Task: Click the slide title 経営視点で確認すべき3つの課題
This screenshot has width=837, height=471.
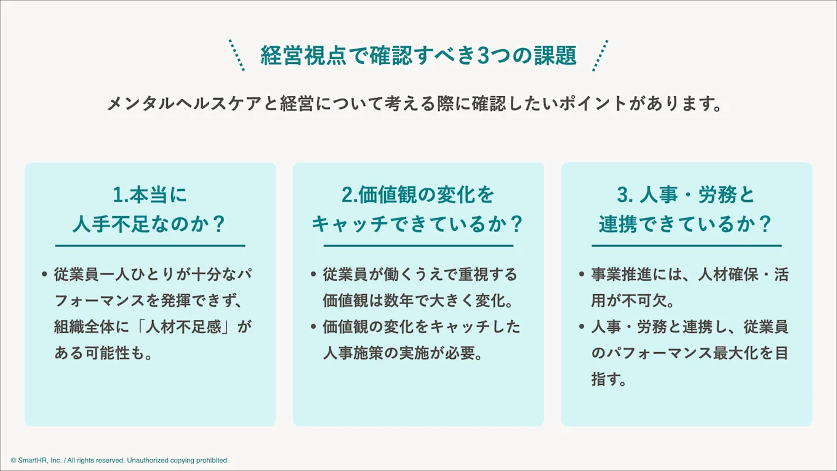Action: (418, 56)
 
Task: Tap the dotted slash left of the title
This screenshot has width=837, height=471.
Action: (237, 55)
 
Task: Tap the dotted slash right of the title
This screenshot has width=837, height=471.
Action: (600, 55)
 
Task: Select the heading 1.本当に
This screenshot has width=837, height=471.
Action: (150, 195)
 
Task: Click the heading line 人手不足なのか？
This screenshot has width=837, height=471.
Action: (150, 224)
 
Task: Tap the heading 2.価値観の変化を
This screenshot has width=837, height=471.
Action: (418, 195)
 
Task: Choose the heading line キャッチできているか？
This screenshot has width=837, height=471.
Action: (418, 224)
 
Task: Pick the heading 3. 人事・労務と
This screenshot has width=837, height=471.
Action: (686, 195)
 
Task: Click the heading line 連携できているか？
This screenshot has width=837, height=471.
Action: (686, 224)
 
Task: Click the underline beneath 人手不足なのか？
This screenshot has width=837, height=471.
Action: (150, 246)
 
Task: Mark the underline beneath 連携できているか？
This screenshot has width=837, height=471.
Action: (686, 246)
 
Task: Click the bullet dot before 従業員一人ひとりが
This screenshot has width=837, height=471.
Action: (44, 275)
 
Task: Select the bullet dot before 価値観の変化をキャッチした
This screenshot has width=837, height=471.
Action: (313, 327)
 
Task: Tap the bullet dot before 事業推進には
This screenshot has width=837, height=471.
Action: (582, 275)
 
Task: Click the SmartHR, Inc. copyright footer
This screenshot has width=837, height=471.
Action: (120, 461)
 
